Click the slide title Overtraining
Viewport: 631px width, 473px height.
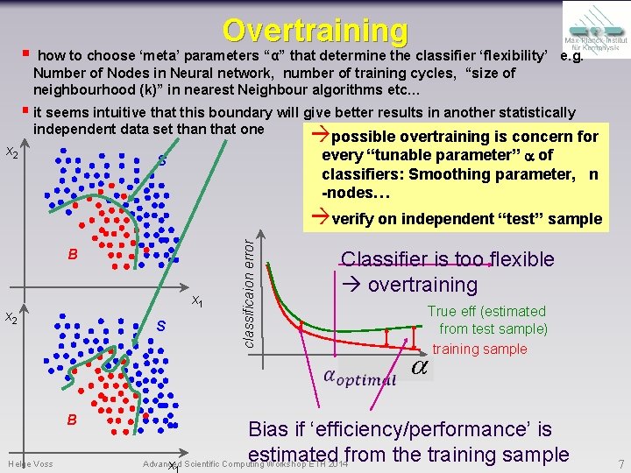[x=315, y=30]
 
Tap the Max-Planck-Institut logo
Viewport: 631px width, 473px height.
[x=593, y=39]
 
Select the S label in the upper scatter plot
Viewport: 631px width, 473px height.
[x=162, y=160]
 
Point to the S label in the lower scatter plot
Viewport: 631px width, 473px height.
[x=161, y=327]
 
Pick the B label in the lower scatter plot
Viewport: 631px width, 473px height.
[x=74, y=420]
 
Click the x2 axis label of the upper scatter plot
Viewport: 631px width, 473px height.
[x=12, y=152]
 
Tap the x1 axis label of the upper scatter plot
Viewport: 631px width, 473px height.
[x=198, y=301]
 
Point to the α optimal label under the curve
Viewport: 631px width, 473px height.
[x=359, y=378]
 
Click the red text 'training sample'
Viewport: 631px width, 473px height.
[x=479, y=349]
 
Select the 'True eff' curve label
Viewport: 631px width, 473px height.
[x=486, y=311]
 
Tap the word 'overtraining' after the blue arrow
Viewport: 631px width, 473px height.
[x=422, y=285]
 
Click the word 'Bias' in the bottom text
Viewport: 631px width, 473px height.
[x=271, y=429]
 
